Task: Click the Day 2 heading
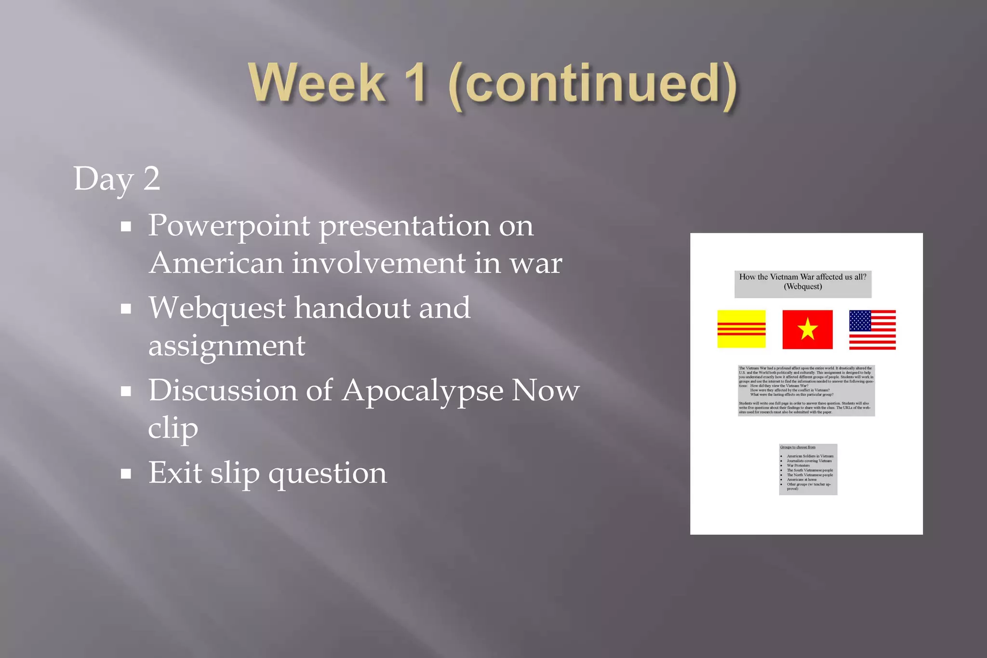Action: click(117, 179)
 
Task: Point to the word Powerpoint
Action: click(229, 226)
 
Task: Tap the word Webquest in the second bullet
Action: click(217, 308)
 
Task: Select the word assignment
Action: click(227, 346)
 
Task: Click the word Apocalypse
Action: click(422, 390)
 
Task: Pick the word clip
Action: click(173, 428)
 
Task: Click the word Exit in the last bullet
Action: click(175, 473)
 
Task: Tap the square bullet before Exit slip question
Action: click(126, 474)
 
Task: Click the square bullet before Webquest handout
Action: click(126, 309)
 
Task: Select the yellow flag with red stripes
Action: click(741, 329)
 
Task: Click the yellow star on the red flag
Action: click(807, 329)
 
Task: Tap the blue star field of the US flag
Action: click(860, 321)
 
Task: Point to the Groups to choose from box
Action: click(808, 469)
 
